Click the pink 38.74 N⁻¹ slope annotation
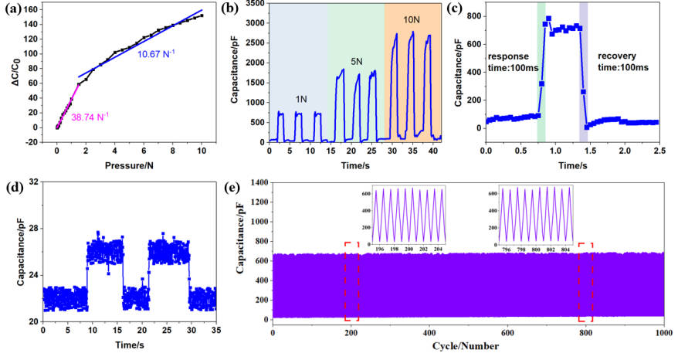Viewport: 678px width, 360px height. click(x=90, y=117)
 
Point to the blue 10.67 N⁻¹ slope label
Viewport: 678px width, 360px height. click(x=156, y=55)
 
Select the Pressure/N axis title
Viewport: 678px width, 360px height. click(x=129, y=166)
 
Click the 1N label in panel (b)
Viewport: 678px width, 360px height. click(x=301, y=99)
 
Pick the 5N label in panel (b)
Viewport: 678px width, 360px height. click(x=356, y=62)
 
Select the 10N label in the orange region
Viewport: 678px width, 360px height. click(x=412, y=19)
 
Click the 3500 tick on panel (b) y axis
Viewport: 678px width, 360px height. click(x=255, y=3)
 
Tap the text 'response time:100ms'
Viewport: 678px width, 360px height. click(x=513, y=62)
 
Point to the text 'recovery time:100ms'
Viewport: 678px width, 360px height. click(x=623, y=62)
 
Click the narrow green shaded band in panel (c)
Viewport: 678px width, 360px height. click(x=541, y=72)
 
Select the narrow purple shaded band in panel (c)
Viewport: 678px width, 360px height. click(x=583, y=72)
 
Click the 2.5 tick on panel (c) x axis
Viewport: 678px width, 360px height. click(x=659, y=151)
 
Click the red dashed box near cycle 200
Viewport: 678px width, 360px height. click(x=351, y=282)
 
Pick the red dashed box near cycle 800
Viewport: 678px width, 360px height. click(x=585, y=283)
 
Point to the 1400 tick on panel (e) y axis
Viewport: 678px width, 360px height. click(x=259, y=182)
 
